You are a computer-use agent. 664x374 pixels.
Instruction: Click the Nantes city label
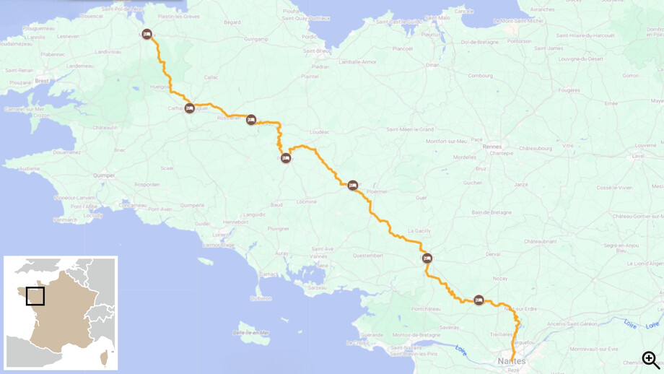click(x=512, y=361)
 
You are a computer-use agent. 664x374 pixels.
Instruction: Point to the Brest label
click(x=43, y=81)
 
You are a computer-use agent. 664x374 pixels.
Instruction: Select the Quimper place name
click(x=104, y=175)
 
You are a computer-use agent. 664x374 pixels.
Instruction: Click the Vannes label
click(x=318, y=256)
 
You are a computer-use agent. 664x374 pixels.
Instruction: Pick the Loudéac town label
click(x=319, y=132)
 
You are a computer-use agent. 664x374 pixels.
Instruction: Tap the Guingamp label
click(x=256, y=39)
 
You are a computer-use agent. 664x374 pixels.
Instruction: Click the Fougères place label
click(x=569, y=90)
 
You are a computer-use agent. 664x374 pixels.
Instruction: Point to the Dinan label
click(x=432, y=65)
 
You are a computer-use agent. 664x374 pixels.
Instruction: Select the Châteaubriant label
click(x=541, y=241)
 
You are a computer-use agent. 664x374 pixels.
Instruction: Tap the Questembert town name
click(x=367, y=255)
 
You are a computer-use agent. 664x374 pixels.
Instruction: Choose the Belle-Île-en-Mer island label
click(x=251, y=332)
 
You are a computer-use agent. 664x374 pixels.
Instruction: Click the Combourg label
click(x=480, y=75)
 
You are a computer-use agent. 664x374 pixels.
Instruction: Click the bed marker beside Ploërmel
click(x=353, y=186)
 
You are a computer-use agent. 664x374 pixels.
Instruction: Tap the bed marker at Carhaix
click(x=190, y=108)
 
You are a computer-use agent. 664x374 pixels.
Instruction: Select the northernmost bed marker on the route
click(x=147, y=34)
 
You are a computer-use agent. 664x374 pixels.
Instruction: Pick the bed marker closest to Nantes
click(x=479, y=300)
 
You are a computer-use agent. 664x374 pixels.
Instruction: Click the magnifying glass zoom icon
click(x=650, y=359)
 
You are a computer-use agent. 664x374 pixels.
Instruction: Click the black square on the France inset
click(x=35, y=296)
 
